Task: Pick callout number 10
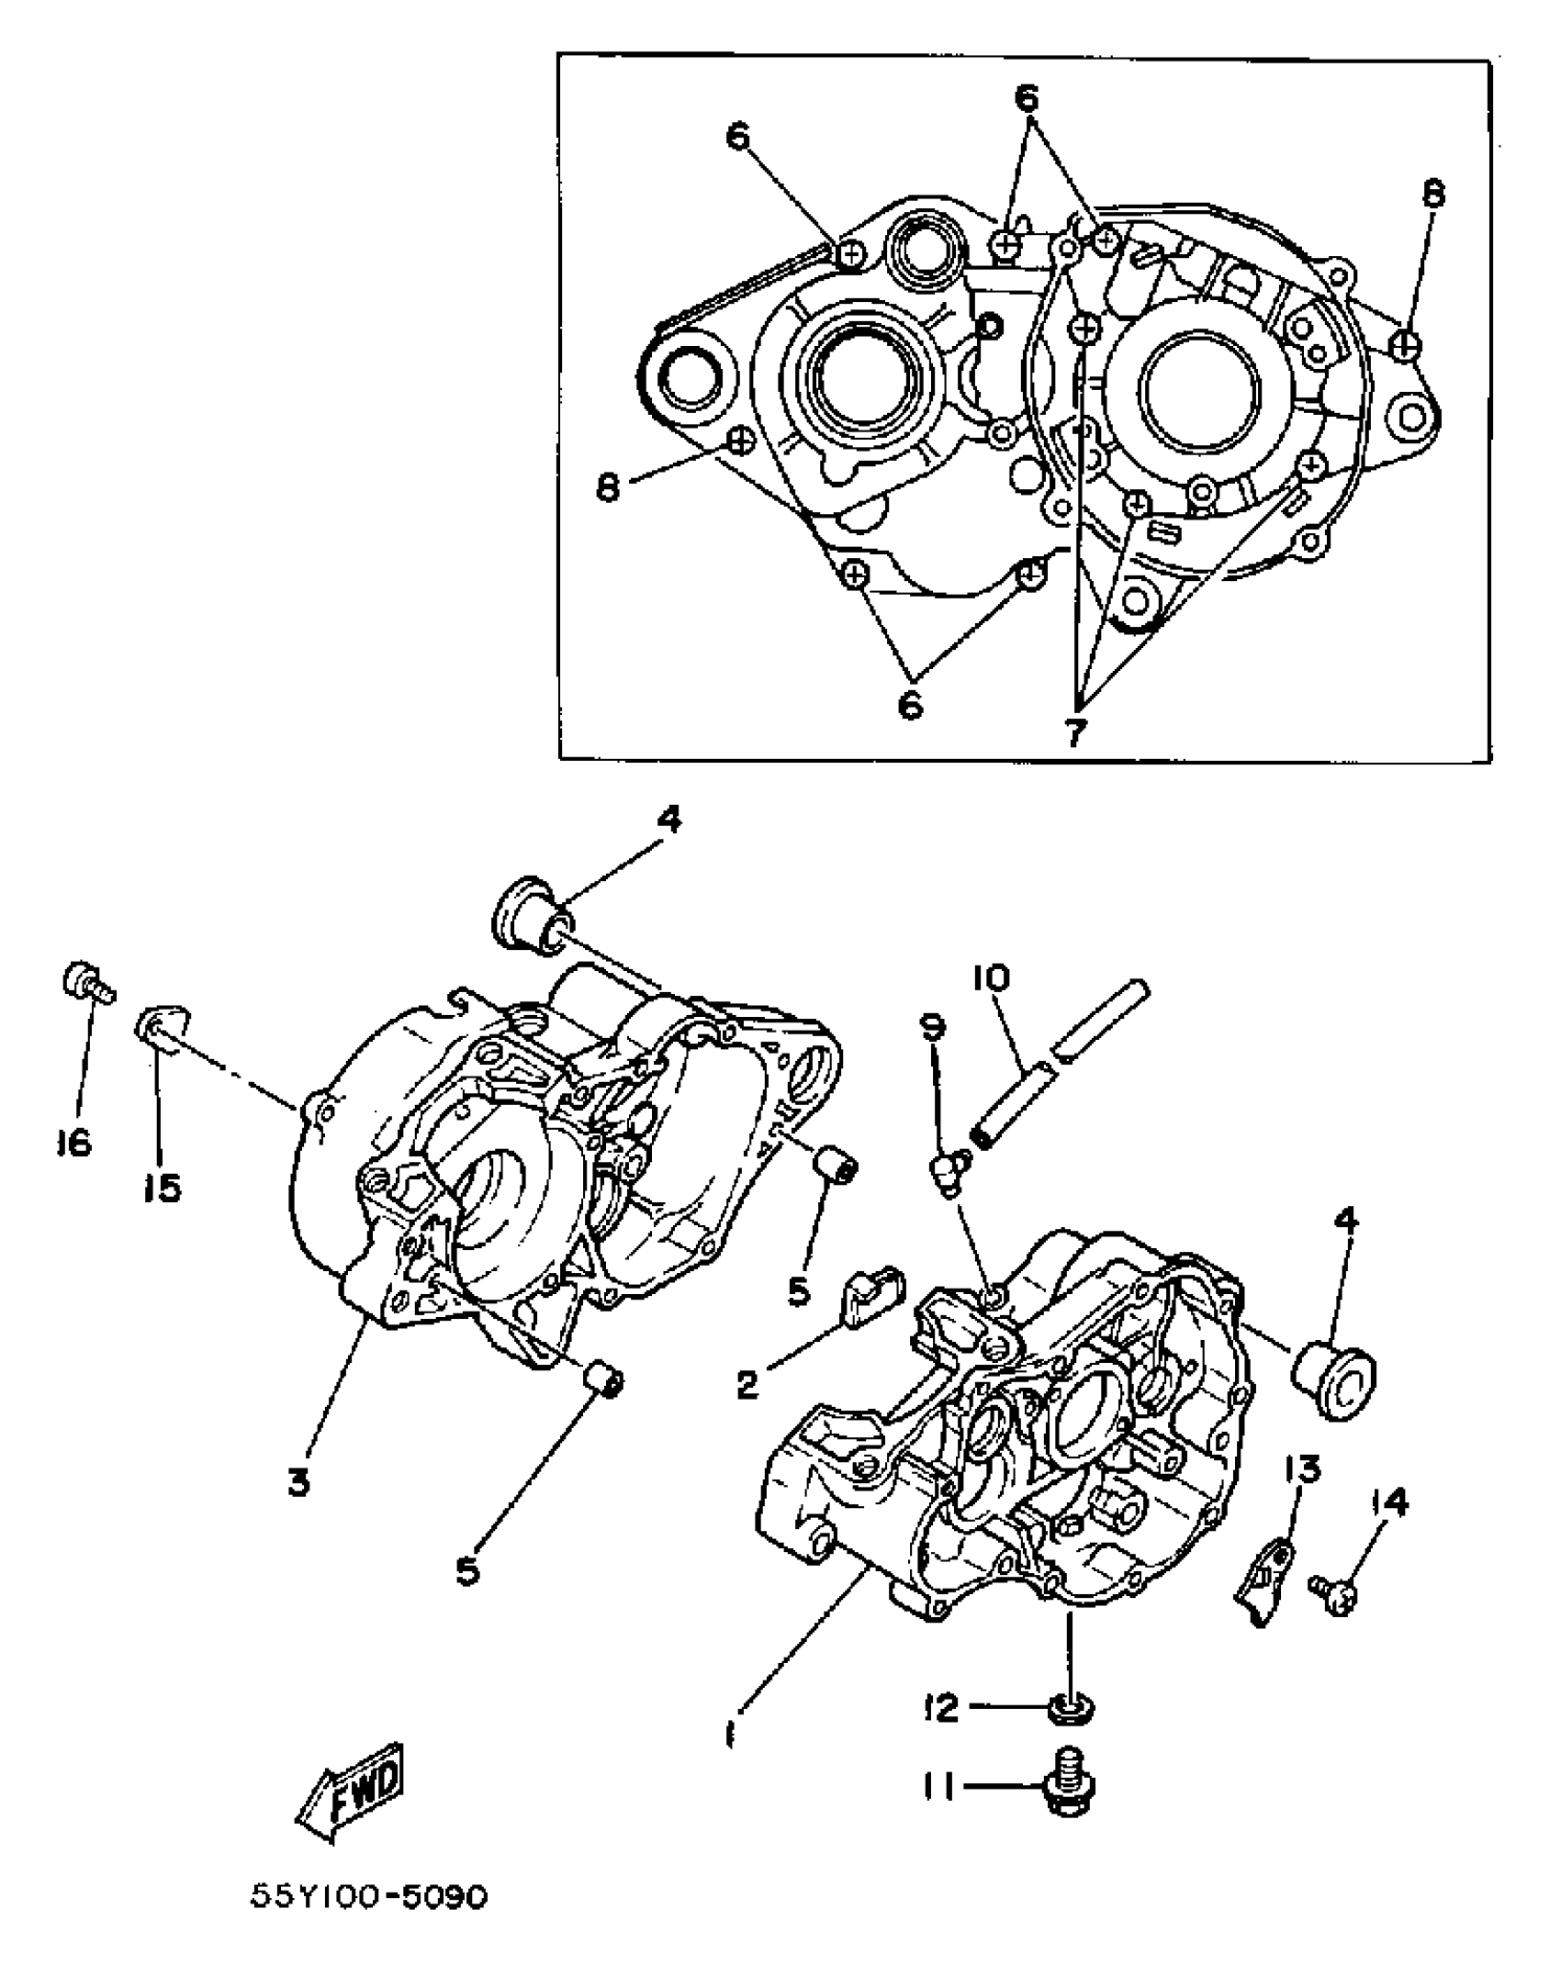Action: click(x=987, y=978)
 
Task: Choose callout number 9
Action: click(x=931, y=1028)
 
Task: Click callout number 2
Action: click(x=748, y=1383)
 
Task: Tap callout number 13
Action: click(x=1302, y=1469)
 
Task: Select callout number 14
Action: click(x=1387, y=1502)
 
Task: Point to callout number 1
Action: click(x=730, y=1734)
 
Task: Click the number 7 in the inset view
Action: click(x=1075, y=731)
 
